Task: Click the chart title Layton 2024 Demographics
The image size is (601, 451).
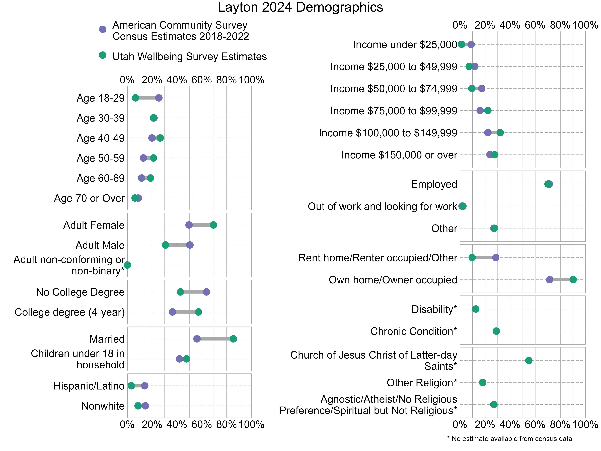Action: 300,7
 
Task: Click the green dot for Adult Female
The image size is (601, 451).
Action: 213,225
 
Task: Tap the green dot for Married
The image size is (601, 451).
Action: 233,339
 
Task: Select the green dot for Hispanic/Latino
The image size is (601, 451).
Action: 131,386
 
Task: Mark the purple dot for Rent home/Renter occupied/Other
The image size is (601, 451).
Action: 496,257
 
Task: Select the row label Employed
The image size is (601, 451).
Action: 434,184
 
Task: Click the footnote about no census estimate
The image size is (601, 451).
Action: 509,438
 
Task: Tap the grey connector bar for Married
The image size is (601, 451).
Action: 215,339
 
